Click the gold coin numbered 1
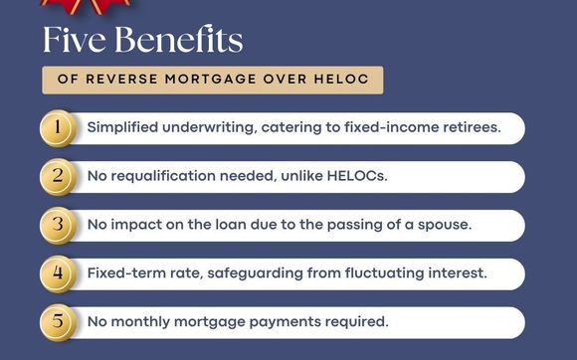pyautogui.click(x=58, y=128)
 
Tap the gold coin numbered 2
pyautogui.click(x=58, y=177)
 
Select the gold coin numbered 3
pyautogui.click(x=58, y=225)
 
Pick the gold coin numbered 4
pyautogui.click(x=58, y=272)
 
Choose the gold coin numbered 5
pyautogui.click(x=58, y=321)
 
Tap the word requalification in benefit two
pyautogui.click(x=174, y=177)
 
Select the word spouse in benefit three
pyautogui.click(x=442, y=225)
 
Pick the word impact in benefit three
pyautogui.click(x=140, y=225)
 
